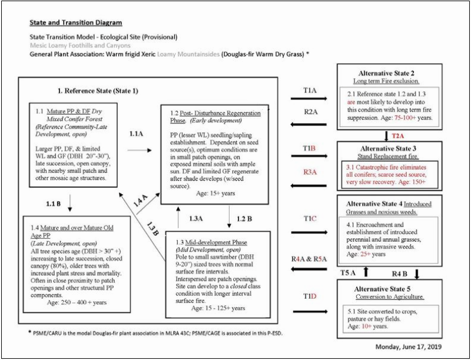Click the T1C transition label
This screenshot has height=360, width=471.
[x=309, y=218]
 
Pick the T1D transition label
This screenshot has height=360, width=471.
[x=310, y=295]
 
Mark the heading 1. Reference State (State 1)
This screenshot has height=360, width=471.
[x=108, y=92]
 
